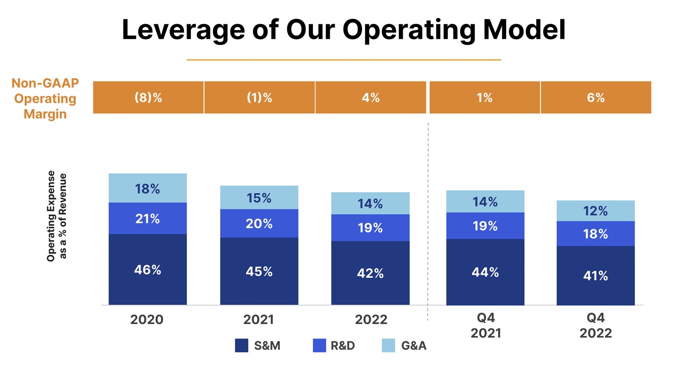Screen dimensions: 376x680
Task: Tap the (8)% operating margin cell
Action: pos(148,97)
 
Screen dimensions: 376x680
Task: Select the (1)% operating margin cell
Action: pos(259,97)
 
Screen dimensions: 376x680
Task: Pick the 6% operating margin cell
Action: pos(595,97)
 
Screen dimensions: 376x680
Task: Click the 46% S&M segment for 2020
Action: pos(147,270)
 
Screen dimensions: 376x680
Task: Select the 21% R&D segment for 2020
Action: pos(147,218)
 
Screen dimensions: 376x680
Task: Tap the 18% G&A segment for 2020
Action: pos(147,188)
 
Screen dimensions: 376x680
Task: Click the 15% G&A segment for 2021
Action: pos(259,198)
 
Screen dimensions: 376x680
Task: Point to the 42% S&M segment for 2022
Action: pos(370,273)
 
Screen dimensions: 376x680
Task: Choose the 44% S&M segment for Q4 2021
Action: pos(485,272)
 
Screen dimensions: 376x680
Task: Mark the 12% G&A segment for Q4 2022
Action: pos(595,211)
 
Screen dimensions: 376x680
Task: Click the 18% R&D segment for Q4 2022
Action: pos(595,234)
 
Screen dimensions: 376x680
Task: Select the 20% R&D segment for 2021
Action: pos(259,224)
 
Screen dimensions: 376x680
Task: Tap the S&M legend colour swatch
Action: pos(241,346)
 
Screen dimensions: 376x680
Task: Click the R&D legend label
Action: pos(343,346)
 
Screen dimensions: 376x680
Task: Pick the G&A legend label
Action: pos(414,346)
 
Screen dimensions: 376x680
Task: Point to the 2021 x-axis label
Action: pos(258,319)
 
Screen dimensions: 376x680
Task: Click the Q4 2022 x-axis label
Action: pos(595,326)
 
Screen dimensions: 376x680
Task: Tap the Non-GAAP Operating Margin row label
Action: pos(45,98)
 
